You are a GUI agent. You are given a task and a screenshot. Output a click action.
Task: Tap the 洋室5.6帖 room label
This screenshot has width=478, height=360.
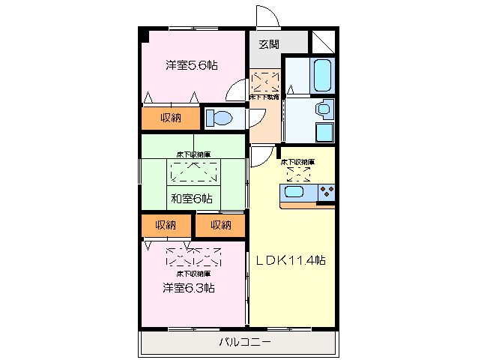[192, 65]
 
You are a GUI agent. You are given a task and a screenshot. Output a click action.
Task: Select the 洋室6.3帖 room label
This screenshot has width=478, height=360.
[189, 287]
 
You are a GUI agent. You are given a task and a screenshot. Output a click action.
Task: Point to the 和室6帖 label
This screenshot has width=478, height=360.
[191, 199]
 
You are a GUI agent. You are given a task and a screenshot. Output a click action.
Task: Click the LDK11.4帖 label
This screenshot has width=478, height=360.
[291, 260]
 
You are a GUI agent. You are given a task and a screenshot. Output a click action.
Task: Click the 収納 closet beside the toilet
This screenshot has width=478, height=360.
[171, 118]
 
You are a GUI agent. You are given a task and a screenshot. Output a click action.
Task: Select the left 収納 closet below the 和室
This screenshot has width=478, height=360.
[166, 225]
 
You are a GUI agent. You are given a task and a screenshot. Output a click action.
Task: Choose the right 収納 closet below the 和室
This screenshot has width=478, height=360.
[220, 225]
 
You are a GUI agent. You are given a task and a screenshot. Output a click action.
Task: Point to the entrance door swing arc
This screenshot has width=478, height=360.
[266, 16]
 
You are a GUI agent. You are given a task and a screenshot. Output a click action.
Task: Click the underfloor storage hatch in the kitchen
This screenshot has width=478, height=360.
[297, 173]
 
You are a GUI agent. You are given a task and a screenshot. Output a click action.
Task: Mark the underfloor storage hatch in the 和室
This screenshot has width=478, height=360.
[193, 172]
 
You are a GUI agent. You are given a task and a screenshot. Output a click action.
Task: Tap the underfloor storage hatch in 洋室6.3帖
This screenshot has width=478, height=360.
[193, 257]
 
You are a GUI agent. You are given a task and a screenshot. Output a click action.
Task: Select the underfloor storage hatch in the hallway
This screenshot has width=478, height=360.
[264, 81]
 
